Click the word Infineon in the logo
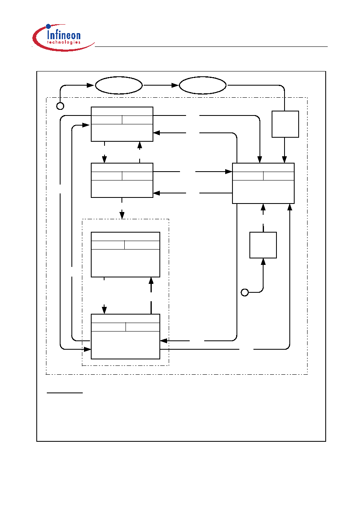tap(64, 35)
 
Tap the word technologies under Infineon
tap(64, 42)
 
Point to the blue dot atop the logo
tap(48, 26)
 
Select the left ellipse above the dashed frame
tap(119, 85)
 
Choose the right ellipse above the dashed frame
tap(203, 85)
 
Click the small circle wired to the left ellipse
tap(60, 106)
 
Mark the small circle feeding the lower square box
tap(245, 292)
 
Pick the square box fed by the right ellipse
tap(285, 124)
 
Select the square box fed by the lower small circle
tap(263, 245)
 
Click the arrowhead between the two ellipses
tap(175, 85)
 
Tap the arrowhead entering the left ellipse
tap(90, 85)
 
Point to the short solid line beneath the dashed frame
tap(65, 393)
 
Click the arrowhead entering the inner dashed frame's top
tap(122, 215)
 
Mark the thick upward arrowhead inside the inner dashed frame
tap(151, 281)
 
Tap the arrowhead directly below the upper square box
tap(284, 160)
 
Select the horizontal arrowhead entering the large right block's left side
tap(228, 172)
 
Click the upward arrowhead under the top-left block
tap(140, 145)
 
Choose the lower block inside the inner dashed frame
tap(126, 336)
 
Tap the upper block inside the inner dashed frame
tap(126, 254)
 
